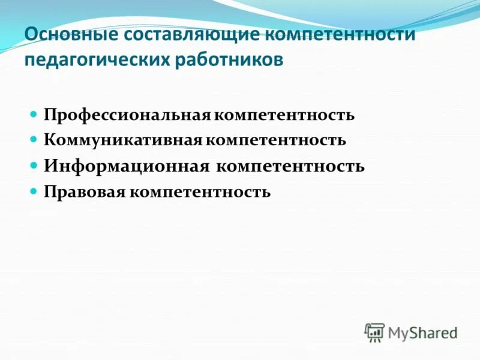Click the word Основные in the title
[70, 34]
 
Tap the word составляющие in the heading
[191, 34]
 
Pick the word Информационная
[125, 166]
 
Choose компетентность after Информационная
[290, 166]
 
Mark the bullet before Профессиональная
[34, 113]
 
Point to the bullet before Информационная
[34, 164]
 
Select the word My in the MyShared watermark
[398, 332]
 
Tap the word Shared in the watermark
[433, 332]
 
